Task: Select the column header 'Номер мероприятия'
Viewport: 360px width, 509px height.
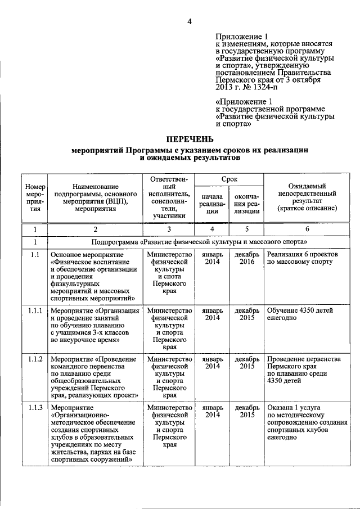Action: coord(35,199)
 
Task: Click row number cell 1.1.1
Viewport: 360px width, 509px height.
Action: coord(35,310)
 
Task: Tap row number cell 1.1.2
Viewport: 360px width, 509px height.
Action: coord(35,359)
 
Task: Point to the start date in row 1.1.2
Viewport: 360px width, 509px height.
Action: coord(211,363)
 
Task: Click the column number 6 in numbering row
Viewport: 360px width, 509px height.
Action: coord(307,229)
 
